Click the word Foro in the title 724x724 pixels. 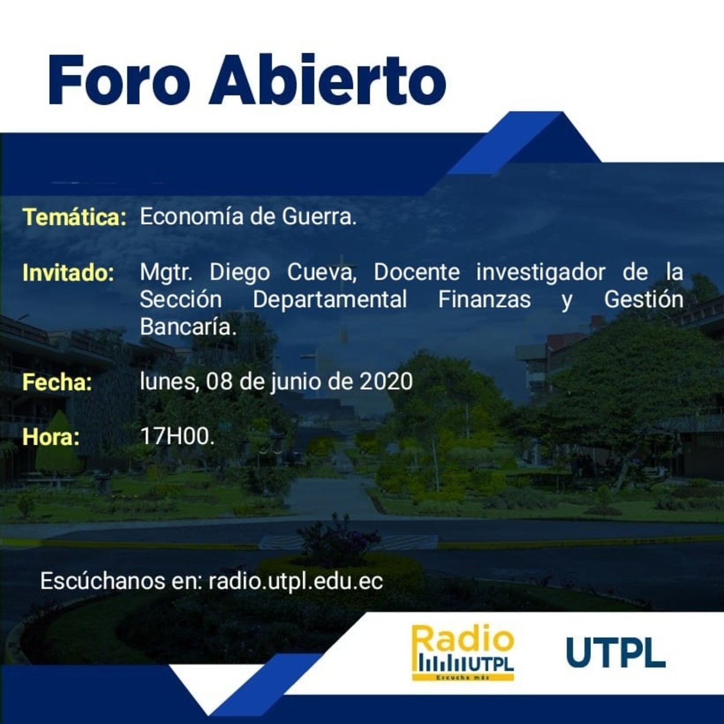click(119, 80)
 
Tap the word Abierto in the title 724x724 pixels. click(328, 80)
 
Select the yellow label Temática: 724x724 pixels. click(75, 217)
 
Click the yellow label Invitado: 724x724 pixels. click(68, 273)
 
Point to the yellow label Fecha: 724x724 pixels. click(57, 382)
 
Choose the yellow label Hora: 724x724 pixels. click(51, 437)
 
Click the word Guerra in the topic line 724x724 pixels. click(319, 217)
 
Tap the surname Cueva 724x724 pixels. click(321, 273)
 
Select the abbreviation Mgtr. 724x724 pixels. click(165, 273)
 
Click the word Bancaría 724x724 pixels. click(188, 327)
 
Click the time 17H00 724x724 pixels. click(177, 436)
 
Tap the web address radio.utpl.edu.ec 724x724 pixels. click(296, 581)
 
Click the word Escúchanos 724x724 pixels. click(102, 581)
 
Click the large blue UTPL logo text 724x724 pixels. click(616, 652)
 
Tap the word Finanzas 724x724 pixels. click(484, 300)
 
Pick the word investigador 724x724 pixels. click(541, 273)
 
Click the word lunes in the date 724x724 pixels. click(169, 382)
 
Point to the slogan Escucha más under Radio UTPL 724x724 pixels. click(462, 677)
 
